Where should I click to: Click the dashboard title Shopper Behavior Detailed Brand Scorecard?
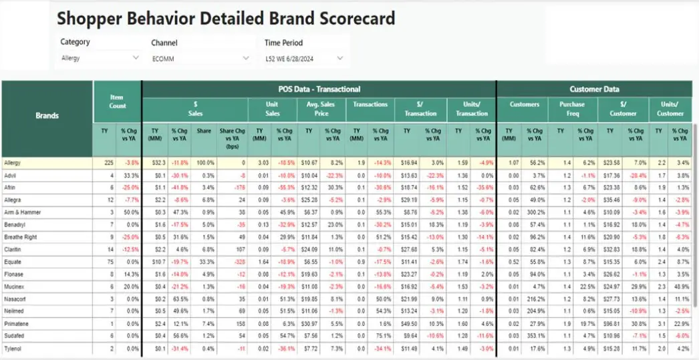click(226, 18)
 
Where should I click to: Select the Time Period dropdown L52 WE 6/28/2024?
click(305, 59)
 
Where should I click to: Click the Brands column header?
click(47, 116)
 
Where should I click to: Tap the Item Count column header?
click(117, 102)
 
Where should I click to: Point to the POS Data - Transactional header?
click(319, 89)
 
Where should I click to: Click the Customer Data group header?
click(594, 89)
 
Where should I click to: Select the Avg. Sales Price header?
click(321, 108)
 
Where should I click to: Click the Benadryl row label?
click(14, 225)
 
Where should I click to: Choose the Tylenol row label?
click(13, 349)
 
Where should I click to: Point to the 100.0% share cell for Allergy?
click(205, 162)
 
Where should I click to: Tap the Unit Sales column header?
click(272, 108)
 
